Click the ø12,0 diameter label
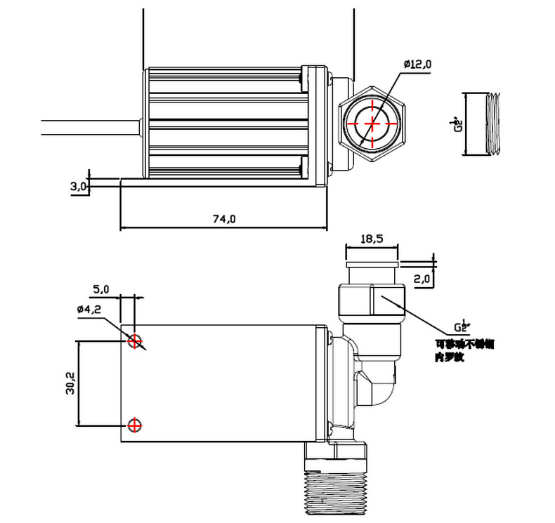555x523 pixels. tap(417, 65)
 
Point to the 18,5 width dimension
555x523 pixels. tap(371, 239)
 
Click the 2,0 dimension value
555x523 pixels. tap(422, 279)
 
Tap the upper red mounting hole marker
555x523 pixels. tap(134, 340)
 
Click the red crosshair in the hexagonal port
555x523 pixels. tap(372, 123)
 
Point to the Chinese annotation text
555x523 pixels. tap(464, 350)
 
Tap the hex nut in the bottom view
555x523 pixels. tap(370, 300)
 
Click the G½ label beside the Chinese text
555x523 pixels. tap(461, 326)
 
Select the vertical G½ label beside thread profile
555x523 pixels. tap(458, 124)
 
